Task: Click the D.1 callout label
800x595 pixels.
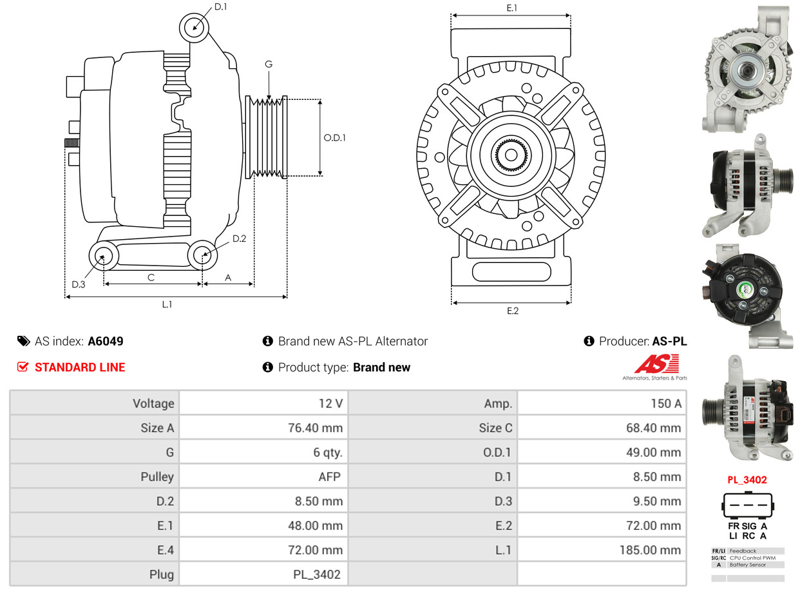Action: pos(220,7)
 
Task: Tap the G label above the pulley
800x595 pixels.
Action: pos(269,64)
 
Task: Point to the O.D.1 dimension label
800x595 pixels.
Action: pos(334,137)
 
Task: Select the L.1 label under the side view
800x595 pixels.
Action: pos(167,304)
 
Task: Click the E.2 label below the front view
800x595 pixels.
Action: pos(512,311)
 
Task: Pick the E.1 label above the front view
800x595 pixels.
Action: pos(512,8)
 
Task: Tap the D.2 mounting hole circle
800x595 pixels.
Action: pos(202,255)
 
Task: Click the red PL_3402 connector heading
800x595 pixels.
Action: pos(747,480)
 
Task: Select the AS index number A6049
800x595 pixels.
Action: pos(106,341)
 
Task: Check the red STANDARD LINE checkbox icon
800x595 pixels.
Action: pos(23,367)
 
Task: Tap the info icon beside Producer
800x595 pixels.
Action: pos(588,341)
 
